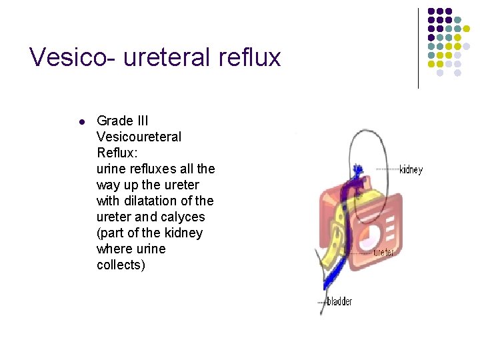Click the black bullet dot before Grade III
point(81,122)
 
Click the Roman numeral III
point(142,121)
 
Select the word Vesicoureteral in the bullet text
point(139,137)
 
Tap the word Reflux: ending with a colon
point(117,153)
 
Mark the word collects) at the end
point(121,265)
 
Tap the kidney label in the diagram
point(411,169)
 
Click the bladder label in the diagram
point(339,302)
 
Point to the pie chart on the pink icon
point(370,235)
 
